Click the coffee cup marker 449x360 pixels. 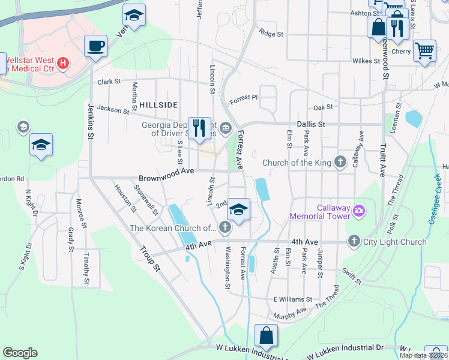[x=96, y=46]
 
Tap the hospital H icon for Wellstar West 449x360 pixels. [x=62, y=62]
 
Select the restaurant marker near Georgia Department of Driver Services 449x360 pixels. [x=200, y=128]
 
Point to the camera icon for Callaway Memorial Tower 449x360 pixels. [x=359, y=210]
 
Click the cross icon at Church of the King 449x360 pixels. [x=340, y=161]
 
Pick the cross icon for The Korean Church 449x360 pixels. [x=224, y=227]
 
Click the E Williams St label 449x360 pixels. [x=293, y=299]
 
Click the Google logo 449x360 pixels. [x=20, y=353]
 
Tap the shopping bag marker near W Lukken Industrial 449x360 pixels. [x=266, y=335]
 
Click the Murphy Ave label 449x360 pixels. [x=290, y=313]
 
